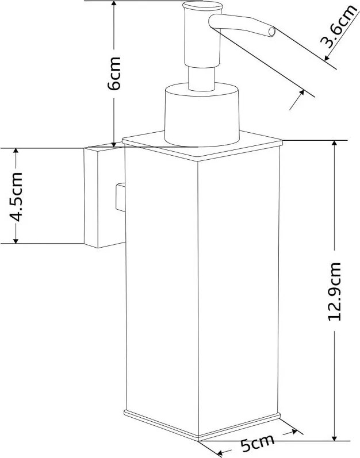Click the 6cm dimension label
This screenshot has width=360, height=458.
click(x=114, y=74)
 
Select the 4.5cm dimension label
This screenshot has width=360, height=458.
click(x=16, y=197)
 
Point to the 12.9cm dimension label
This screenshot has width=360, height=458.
click(x=334, y=291)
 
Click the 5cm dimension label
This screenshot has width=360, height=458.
click(x=257, y=443)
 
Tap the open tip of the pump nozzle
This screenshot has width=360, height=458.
click(x=272, y=32)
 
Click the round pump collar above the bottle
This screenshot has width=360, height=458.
click(x=202, y=114)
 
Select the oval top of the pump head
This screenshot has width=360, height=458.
click(x=202, y=6)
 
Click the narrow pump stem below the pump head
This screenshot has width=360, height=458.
click(x=202, y=78)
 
